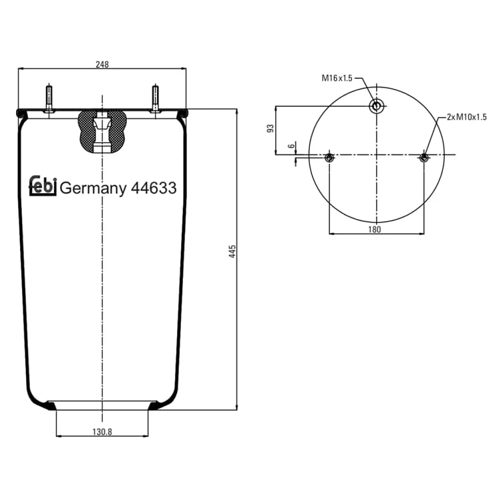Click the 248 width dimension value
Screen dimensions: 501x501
102,64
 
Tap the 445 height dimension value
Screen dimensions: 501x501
232,251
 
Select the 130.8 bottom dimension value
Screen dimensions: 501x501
102,432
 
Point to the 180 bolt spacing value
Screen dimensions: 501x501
375,229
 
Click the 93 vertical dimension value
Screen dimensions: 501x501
271,128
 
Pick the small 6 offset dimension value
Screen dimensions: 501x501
291,146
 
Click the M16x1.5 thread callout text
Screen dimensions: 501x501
337,77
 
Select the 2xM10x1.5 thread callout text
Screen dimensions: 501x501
467,118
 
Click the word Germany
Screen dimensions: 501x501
93,188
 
